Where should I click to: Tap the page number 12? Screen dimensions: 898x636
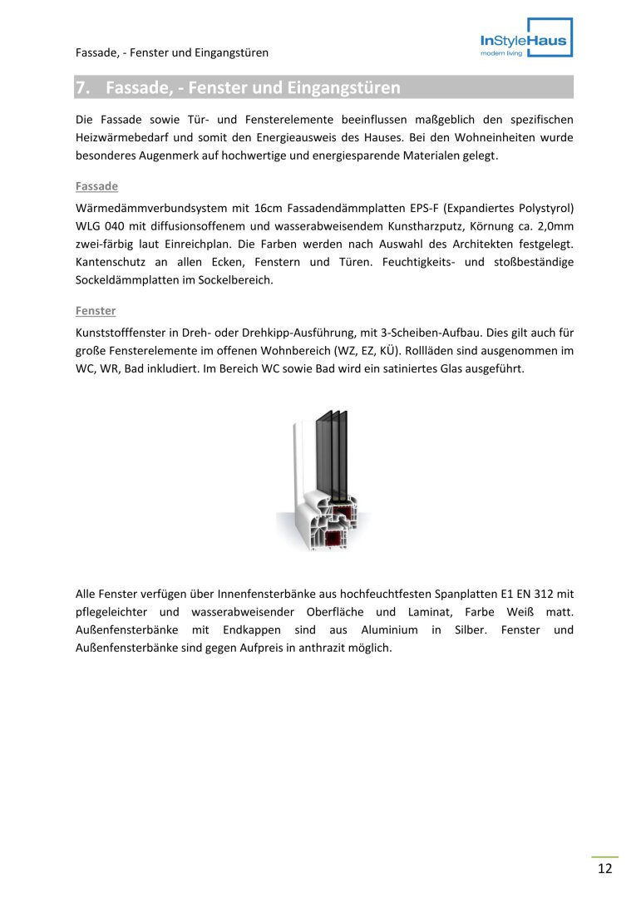point(604,869)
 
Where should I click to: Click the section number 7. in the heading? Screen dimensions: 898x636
point(83,87)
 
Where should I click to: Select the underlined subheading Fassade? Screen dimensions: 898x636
point(96,186)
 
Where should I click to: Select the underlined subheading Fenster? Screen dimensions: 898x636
point(96,311)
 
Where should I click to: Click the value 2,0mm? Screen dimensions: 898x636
point(555,224)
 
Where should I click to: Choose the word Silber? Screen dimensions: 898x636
point(471,630)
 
